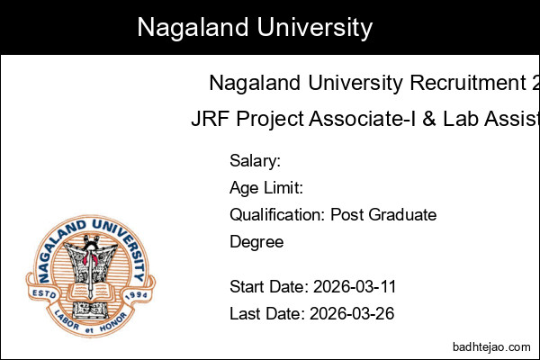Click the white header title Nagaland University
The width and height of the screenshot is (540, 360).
coord(255,27)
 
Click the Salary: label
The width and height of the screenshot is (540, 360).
coord(256,161)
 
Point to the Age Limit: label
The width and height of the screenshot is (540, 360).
coord(265,188)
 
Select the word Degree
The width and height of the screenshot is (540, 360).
coord(256,242)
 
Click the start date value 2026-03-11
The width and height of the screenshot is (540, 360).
coord(355,287)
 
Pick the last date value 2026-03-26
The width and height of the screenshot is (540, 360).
coord(352,314)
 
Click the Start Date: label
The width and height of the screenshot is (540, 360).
coord(269,287)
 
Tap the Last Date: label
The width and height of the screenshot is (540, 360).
coord(267,314)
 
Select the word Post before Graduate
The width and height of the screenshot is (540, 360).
coord(347,215)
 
